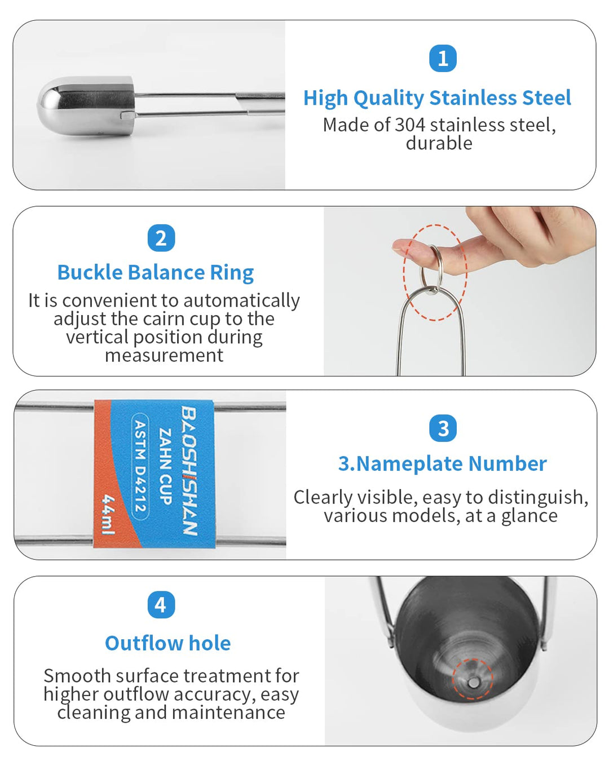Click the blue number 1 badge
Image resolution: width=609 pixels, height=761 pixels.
pos(443,59)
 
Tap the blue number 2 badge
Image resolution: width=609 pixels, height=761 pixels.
pos(161,238)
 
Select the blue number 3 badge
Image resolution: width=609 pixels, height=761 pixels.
pos(443,428)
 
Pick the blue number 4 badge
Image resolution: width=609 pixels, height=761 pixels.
pos(161,605)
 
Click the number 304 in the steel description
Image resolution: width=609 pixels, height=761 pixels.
pos(410,125)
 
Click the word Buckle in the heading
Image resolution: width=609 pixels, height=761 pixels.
pos(90,273)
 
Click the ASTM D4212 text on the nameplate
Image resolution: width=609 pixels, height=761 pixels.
pos(140,466)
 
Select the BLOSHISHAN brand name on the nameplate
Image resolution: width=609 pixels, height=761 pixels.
pos(189,471)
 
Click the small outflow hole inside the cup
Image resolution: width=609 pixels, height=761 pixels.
pos(474,683)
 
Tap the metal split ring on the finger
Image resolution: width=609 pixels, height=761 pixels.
pos(431,267)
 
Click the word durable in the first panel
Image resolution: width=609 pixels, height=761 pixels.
pos(439,143)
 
